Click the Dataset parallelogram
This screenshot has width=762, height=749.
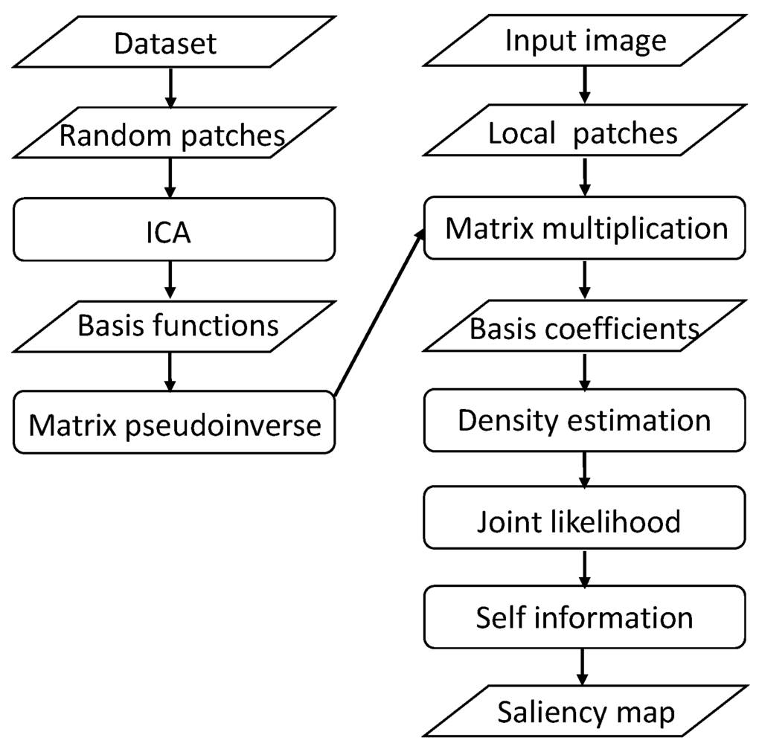tap(165, 42)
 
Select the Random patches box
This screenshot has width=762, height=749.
tap(171, 135)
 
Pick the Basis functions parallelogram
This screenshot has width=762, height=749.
tap(178, 325)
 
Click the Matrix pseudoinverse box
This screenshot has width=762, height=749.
tap(174, 423)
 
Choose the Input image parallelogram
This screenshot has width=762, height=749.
tap(585, 40)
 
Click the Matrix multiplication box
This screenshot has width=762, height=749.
tap(585, 228)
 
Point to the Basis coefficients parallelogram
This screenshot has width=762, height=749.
tap(583, 328)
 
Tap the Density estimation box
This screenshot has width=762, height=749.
tap(584, 420)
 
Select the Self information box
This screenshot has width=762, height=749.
tap(584, 617)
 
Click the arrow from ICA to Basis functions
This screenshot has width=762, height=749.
tap(170, 280)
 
